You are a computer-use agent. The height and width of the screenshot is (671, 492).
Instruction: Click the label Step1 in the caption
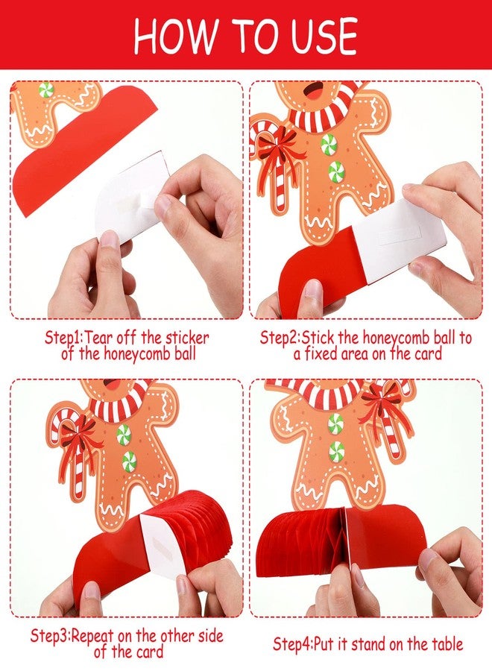(x=63, y=338)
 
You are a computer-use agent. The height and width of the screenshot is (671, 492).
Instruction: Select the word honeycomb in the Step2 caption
(x=396, y=338)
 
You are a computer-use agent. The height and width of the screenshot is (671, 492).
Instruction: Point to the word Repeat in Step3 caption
(x=92, y=636)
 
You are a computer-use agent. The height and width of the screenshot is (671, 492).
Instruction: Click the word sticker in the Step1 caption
(x=187, y=338)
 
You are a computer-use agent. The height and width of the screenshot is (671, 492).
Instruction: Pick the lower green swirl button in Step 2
(x=336, y=172)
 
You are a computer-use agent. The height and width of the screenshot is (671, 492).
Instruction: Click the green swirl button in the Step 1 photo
(x=45, y=90)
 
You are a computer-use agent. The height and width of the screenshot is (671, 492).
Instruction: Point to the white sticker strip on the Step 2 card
(x=399, y=234)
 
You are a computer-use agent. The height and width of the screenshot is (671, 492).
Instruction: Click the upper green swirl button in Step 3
(x=124, y=435)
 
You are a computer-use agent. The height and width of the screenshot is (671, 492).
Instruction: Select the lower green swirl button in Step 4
(x=337, y=450)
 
